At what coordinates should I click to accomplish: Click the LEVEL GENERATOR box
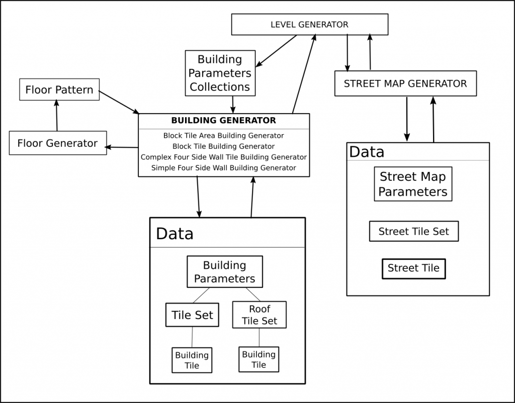click(x=309, y=25)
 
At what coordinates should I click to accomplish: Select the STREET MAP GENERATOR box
click(x=405, y=83)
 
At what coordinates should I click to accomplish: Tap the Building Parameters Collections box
click(x=220, y=73)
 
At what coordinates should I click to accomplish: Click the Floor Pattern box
click(x=59, y=90)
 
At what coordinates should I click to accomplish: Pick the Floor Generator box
click(x=57, y=143)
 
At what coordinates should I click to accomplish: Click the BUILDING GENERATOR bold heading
click(x=223, y=121)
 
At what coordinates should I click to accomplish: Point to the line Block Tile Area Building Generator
click(x=223, y=136)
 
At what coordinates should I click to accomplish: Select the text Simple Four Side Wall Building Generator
click(x=223, y=168)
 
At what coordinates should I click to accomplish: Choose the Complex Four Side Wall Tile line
click(x=223, y=157)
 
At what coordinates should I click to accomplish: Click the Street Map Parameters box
click(x=413, y=184)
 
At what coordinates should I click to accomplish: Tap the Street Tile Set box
click(x=413, y=232)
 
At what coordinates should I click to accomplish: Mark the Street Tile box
click(x=413, y=268)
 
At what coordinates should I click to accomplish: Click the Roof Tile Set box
click(x=260, y=315)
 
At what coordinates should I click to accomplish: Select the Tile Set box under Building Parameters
click(x=192, y=315)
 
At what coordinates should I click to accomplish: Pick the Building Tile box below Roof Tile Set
click(x=259, y=359)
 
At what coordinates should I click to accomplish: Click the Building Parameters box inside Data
click(x=225, y=272)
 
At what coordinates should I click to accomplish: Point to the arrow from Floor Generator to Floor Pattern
click(x=56, y=115)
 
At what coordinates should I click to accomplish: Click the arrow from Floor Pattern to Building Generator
click(x=119, y=102)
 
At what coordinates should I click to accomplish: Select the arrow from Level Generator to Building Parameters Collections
click(x=276, y=51)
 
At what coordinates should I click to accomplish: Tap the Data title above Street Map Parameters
click(x=367, y=152)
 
